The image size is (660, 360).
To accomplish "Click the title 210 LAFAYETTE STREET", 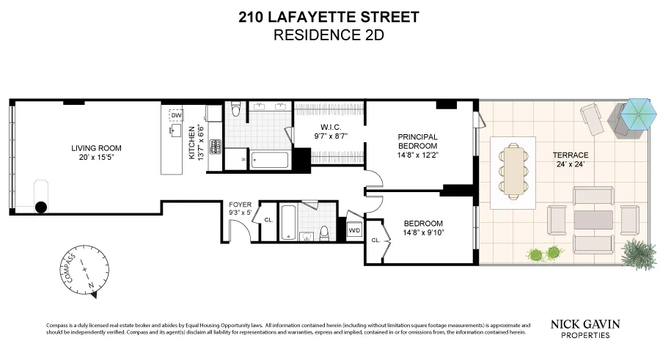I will [329, 17].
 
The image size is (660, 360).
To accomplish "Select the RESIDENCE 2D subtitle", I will [329, 34].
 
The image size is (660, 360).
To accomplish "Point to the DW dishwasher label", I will [176, 115].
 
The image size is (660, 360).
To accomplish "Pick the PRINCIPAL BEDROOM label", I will [417, 141].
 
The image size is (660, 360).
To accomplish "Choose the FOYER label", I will [241, 205].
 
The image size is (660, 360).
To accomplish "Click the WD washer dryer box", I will [354, 229].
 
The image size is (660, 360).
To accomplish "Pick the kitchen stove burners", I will [215, 147].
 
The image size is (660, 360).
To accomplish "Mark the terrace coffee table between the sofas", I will [593, 219].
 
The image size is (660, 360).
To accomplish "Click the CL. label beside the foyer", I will [268, 219].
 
